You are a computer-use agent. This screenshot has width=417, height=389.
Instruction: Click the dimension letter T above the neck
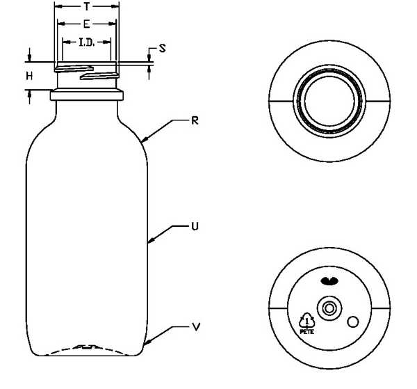pyautogui.click(x=86, y=7)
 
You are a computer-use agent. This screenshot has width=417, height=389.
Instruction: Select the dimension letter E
pyautogui.click(x=86, y=24)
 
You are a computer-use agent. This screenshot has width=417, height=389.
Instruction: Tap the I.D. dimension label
pyautogui.click(x=87, y=42)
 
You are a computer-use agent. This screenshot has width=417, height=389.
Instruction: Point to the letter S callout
pyautogui.click(x=162, y=49)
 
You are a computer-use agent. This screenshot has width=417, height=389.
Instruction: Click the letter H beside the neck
pyautogui.click(x=29, y=77)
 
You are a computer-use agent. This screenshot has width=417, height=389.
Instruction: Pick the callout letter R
pyautogui.click(x=195, y=121)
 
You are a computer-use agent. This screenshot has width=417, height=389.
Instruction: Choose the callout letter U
pyautogui.click(x=195, y=227)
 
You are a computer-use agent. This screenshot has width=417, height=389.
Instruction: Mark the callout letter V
pyautogui.click(x=196, y=327)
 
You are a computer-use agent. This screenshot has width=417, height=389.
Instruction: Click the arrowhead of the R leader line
pyautogui.click(x=144, y=140)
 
